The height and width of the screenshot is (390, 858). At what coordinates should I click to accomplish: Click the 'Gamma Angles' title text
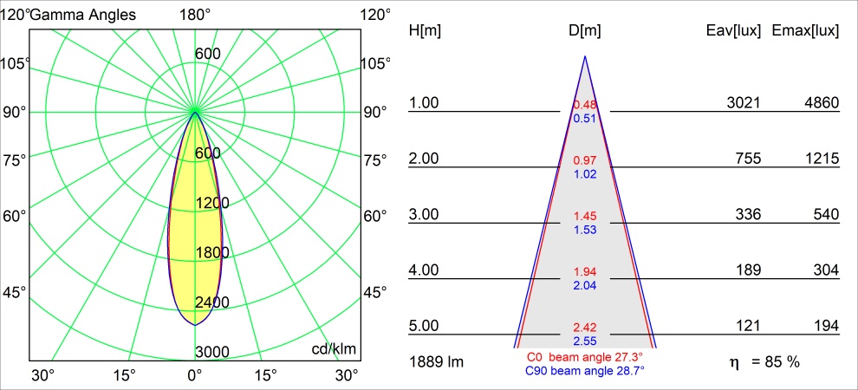[83, 15]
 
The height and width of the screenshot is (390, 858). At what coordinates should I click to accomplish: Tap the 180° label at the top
[195, 15]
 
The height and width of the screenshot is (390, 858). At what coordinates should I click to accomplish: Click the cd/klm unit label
[334, 348]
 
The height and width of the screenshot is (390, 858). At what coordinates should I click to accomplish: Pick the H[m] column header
[425, 31]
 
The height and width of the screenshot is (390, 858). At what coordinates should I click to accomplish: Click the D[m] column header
[584, 31]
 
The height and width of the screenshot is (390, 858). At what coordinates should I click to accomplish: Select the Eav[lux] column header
[734, 31]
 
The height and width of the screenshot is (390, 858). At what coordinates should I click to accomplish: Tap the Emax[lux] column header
[805, 31]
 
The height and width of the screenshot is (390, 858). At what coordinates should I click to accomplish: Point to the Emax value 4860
[822, 103]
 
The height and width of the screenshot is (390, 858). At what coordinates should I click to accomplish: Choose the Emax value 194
[827, 326]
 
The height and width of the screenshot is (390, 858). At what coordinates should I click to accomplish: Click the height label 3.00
[425, 215]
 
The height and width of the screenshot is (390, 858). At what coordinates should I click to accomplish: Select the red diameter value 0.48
[584, 106]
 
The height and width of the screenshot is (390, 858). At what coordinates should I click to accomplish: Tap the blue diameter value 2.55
[584, 341]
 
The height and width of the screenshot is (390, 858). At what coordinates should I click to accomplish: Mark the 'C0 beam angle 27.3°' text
[584, 357]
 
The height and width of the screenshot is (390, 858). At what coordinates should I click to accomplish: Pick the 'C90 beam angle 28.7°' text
[584, 370]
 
